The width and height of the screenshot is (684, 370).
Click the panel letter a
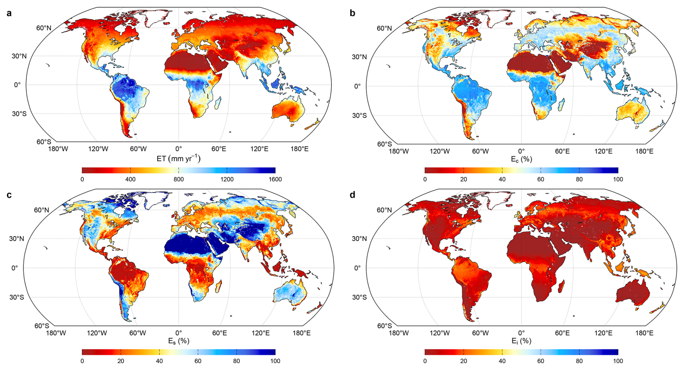click(9, 13)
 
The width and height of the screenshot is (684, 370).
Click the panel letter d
click(352, 195)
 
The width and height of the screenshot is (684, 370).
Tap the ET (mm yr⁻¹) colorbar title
click(179, 159)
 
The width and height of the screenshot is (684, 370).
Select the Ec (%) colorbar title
click(521, 159)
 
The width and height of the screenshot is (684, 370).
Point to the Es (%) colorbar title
click(179, 341)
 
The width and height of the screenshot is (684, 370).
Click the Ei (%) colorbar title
click(521, 341)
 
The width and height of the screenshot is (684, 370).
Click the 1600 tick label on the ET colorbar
click(275, 179)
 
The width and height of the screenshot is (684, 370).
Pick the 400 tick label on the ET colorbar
click(131, 179)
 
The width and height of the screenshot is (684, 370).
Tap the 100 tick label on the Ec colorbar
click(618, 179)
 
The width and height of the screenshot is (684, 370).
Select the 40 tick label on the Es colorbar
click(159, 361)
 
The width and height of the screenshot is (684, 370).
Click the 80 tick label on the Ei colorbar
click(579, 361)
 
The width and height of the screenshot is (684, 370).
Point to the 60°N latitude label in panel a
click(44, 28)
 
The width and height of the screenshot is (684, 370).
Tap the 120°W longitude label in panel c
click(97, 333)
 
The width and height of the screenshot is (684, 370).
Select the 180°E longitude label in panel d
click(644, 333)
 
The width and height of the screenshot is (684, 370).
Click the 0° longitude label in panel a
click(179, 149)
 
